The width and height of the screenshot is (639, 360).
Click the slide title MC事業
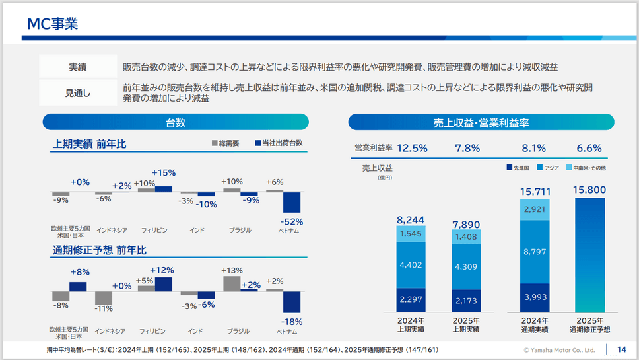(x=53, y=24)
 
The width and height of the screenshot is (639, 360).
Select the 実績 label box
(x=78, y=67)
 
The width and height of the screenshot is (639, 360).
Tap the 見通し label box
(x=78, y=93)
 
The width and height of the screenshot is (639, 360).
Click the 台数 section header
(x=176, y=122)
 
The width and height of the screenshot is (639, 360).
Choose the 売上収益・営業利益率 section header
(x=481, y=122)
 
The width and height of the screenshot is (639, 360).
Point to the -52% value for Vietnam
(x=291, y=221)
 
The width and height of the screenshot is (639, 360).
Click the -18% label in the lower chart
(x=291, y=321)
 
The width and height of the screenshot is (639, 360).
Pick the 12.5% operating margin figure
(x=412, y=148)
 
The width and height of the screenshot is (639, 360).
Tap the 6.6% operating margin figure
(x=589, y=148)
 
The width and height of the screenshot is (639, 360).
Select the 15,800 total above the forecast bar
(x=589, y=190)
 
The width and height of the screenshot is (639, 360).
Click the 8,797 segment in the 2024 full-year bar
(x=535, y=252)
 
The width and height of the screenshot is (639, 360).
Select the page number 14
(x=621, y=349)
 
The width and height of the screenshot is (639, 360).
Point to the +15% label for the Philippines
(x=164, y=173)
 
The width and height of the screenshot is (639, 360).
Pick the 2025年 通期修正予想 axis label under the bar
(x=589, y=324)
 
